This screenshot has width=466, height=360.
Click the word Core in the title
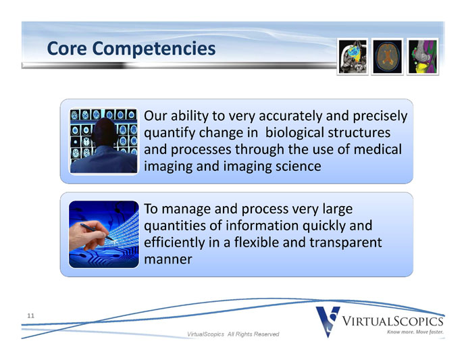click(x=67, y=48)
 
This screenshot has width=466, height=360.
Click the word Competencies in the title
click(x=154, y=49)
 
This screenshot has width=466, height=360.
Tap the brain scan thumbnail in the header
click(x=387, y=57)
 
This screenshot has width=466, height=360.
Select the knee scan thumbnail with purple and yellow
click(x=422, y=57)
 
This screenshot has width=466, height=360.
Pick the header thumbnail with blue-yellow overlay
click(x=353, y=57)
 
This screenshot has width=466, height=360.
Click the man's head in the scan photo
click(x=103, y=131)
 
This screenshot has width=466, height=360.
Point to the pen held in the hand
click(x=97, y=232)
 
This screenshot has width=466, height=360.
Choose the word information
click(x=262, y=226)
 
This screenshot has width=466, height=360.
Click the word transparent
click(x=345, y=242)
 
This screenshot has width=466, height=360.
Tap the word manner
click(x=168, y=259)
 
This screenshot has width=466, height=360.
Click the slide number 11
click(x=30, y=315)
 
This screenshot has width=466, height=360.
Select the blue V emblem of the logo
click(x=328, y=322)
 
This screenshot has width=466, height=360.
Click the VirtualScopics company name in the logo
click(x=392, y=322)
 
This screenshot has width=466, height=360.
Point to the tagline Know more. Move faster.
click(x=415, y=332)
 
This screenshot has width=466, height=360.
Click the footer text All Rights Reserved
click(x=253, y=334)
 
